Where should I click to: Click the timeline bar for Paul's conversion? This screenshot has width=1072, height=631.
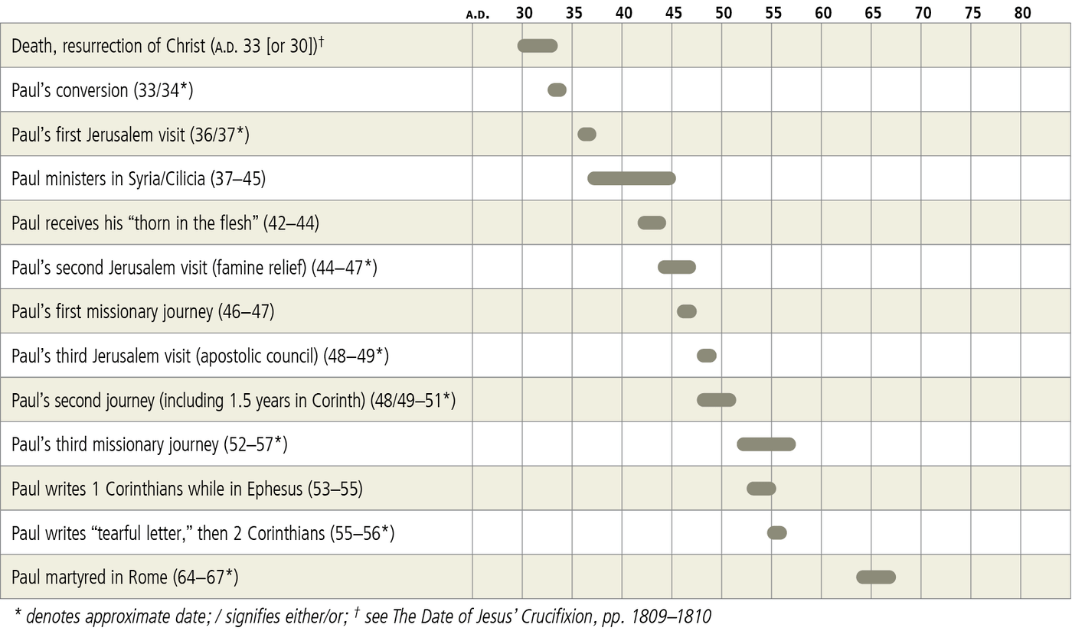tap(557, 90)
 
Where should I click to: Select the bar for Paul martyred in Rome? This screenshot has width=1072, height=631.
tap(875, 577)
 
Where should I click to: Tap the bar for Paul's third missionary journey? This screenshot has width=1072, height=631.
tap(766, 444)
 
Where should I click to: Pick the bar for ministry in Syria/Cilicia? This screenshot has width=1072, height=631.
tap(631, 178)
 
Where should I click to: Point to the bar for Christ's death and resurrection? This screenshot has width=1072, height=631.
tap(538, 46)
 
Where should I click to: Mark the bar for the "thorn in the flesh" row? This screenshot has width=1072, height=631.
tap(652, 223)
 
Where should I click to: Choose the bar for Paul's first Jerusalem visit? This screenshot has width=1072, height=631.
tap(587, 135)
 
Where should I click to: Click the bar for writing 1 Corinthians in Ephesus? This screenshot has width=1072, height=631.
tap(761, 489)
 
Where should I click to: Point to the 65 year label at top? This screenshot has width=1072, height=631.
tap(872, 12)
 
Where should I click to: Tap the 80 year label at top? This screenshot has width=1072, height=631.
tap(1022, 12)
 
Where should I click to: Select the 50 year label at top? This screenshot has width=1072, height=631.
tap(723, 12)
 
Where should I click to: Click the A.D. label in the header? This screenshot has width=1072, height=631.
tap(478, 14)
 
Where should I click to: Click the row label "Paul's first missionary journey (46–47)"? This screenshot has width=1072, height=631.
tap(142, 312)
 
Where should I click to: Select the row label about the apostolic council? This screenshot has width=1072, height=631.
tap(200, 356)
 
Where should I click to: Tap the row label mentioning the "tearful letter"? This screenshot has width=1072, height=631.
tap(203, 533)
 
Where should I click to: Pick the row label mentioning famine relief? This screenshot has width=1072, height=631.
tap(194, 268)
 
